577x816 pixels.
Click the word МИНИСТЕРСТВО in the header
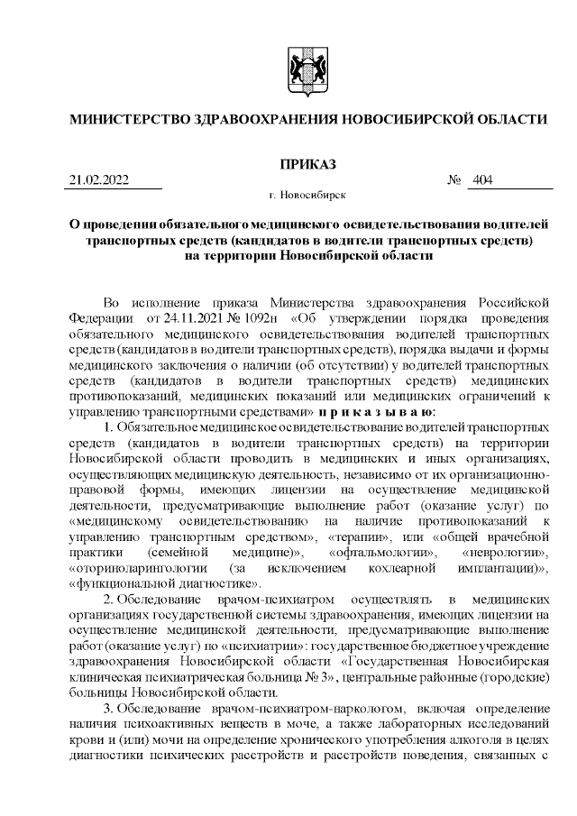(x=125, y=119)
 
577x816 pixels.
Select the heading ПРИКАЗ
(x=307, y=164)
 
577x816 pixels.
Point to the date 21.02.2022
(x=99, y=180)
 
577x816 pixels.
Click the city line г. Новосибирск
(x=307, y=195)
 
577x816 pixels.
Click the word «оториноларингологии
(x=135, y=567)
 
